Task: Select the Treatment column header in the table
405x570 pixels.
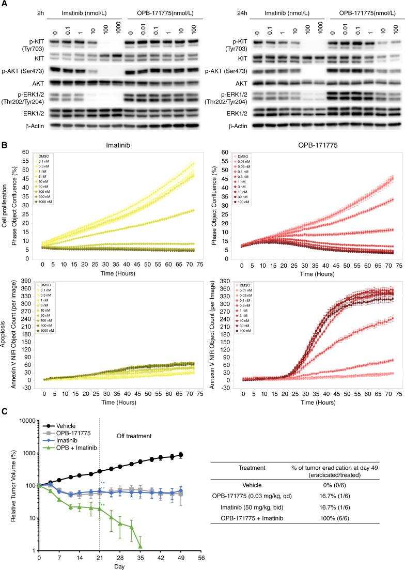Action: (x=252, y=467)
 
